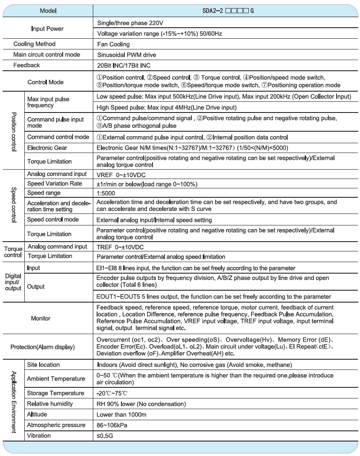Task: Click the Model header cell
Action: pyautogui.click(x=48, y=10)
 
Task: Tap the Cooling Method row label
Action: pyautogui.click(x=35, y=44)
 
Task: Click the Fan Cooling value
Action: pyautogui.click(x=113, y=44)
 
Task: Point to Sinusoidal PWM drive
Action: pyautogui.click(x=127, y=55)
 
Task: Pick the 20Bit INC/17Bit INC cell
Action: pyautogui.click(x=124, y=65)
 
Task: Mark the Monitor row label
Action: pyautogui.click(x=40, y=318)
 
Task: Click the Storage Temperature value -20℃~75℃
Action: pyautogui.click(x=112, y=393)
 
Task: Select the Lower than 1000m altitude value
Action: pyautogui.click(x=121, y=414)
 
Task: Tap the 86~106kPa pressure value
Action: pyautogui.click(x=112, y=425)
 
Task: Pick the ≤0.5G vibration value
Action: pyautogui.click(x=105, y=436)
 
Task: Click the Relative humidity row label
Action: pyautogui.click(x=50, y=404)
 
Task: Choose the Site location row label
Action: pyautogui.click(x=43, y=365)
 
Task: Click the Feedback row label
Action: pyautogui.click(x=27, y=65)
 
